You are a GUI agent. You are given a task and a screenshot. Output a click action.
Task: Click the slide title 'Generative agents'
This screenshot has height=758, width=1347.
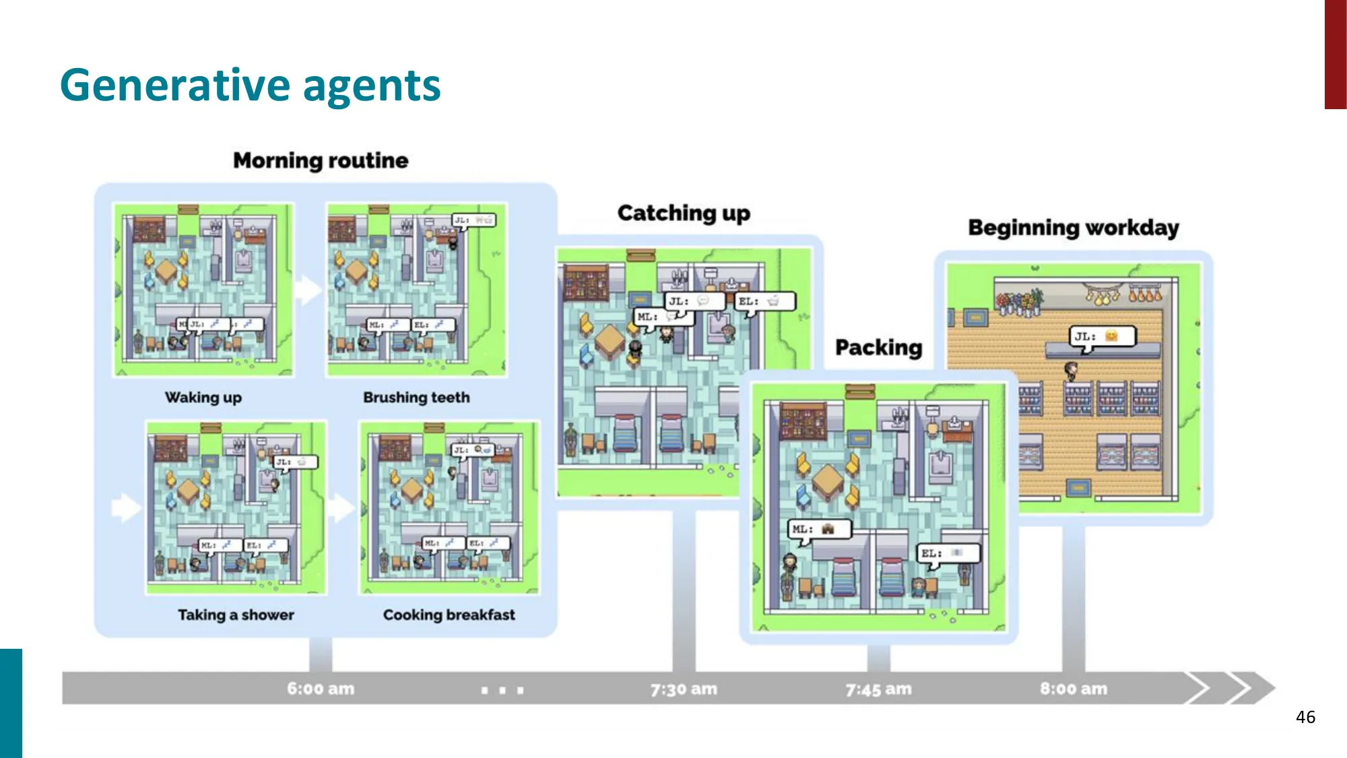click(x=250, y=86)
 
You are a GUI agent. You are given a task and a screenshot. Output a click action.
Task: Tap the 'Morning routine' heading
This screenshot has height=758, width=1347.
click(x=321, y=160)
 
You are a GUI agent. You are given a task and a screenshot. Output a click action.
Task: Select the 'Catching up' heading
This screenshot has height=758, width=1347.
click(x=684, y=213)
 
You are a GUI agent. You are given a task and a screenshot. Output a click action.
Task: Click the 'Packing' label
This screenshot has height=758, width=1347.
click(x=878, y=348)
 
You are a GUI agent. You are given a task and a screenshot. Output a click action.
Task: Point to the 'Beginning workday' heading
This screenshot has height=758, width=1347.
click(x=1074, y=228)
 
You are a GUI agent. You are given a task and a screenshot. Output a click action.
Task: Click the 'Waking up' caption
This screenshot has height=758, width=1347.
click(x=203, y=398)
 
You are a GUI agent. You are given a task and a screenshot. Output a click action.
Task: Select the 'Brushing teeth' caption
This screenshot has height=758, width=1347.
click(x=416, y=398)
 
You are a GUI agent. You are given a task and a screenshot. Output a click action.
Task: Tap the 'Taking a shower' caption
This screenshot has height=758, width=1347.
click(x=236, y=614)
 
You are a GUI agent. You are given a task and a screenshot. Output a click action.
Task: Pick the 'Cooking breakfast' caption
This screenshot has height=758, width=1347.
click(x=449, y=614)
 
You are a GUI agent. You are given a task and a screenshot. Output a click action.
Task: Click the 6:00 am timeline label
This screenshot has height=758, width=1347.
click(x=321, y=689)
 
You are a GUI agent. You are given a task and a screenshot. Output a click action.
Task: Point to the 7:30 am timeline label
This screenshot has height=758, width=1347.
click(x=684, y=689)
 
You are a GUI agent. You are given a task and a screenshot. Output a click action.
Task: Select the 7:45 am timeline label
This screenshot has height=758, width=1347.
click(x=878, y=689)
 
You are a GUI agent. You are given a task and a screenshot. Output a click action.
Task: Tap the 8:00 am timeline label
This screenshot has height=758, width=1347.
click(x=1074, y=689)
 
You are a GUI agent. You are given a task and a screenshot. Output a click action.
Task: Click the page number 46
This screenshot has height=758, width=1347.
click(x=1305, y=717)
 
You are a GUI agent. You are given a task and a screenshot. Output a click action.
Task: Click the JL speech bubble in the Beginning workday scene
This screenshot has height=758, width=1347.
click(x=1102, y=336)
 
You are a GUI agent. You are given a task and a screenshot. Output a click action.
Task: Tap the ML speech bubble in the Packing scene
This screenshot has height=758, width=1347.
click(x=819, y=529)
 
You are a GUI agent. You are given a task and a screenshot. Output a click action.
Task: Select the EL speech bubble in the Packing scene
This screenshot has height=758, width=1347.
click(x=948, y=553)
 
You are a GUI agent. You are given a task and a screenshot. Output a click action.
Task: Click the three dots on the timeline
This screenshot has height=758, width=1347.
click(x=502, y=690)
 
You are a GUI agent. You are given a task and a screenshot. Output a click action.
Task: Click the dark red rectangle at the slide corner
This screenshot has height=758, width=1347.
click(x=1335, y=54)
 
